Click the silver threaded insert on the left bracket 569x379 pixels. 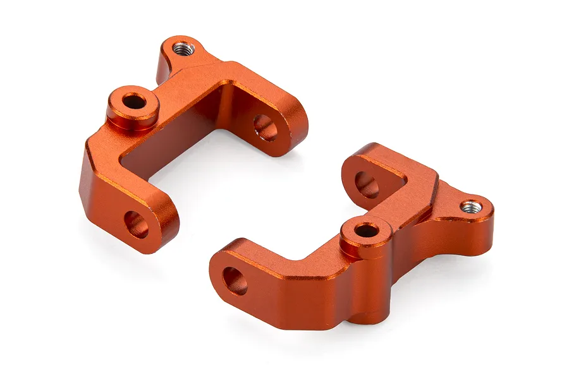(183, 49)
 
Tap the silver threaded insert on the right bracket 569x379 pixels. (471, 207)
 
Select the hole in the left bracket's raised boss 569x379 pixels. (133, 100)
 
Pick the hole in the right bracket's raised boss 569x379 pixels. (366, 230)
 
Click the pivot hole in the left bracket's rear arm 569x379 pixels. (266, 127)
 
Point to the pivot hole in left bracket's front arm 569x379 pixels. (136, 224)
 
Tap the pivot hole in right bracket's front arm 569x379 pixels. (235, 280)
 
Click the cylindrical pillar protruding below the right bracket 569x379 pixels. (370, 297)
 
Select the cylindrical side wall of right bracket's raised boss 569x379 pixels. (365, 248)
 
